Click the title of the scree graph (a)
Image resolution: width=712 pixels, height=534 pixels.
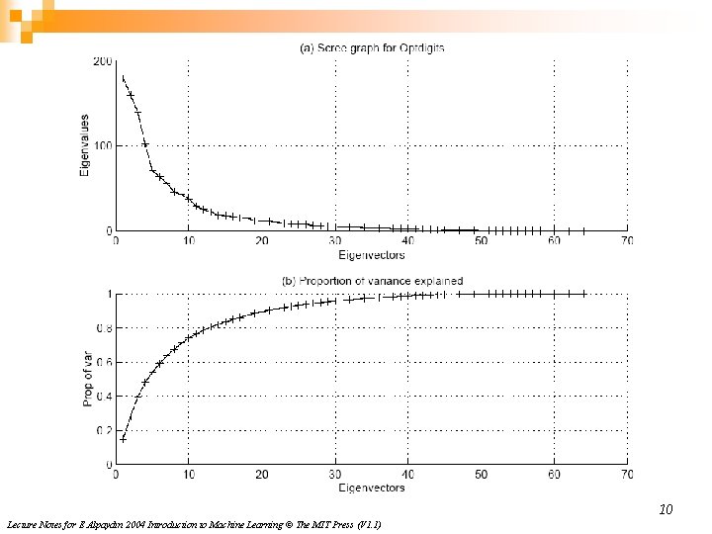tap(372, 48)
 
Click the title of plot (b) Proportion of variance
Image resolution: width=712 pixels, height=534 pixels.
tap(372, 282)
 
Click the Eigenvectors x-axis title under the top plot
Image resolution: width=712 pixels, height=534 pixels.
tap(372, 255)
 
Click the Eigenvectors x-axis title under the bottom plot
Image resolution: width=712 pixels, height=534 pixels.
tap(372, 488)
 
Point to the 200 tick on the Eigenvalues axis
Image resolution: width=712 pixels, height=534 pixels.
tap(102, 61)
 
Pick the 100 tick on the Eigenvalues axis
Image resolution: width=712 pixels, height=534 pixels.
tap(102, 146)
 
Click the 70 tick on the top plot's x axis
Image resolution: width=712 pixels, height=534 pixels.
tap(627, 241)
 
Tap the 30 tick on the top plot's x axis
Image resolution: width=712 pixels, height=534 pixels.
tap(335, 241)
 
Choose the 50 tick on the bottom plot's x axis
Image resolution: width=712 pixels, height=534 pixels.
tap(481, 475)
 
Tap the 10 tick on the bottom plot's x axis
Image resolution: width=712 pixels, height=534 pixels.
tap(189, 475)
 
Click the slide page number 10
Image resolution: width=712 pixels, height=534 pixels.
tap(666, 510)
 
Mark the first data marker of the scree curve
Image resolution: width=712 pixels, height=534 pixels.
tap(124, 78)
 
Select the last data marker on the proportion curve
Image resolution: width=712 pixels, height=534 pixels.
tap(583, 294)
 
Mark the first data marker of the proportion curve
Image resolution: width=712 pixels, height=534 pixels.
tap(124, 439)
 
